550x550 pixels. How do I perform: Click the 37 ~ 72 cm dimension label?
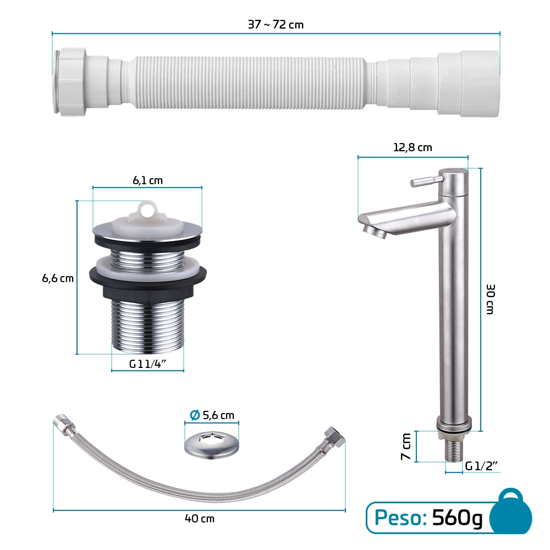(276, 25)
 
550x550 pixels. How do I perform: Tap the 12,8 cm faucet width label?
(413, 147)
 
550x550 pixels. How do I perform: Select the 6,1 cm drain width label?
(147, 180)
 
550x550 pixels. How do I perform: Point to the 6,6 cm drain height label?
(58, 278)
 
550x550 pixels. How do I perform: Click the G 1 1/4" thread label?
(147, 364)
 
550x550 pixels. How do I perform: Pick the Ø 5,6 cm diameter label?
(212, 415)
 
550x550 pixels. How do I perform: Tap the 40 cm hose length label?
(200, 519)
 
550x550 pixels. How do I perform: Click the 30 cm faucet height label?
(491, 299)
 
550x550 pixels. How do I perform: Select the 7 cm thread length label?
(406, 447)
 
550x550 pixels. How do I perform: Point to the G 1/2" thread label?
(482, 466)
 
